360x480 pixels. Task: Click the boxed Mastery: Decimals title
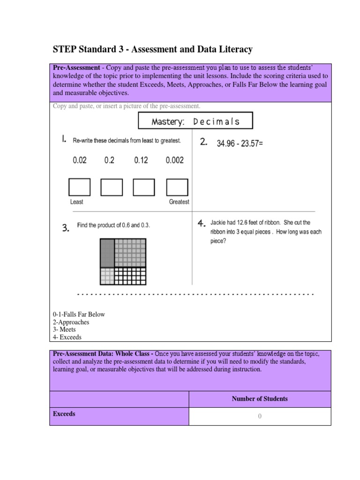tap(195, 121)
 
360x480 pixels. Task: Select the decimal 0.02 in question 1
tap(79, 160)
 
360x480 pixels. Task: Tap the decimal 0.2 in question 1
tap(109, 160)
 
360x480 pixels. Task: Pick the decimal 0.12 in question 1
tap(141, 160)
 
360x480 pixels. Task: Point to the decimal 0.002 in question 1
tap(175, 160)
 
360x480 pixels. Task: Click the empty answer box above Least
tap(79, 187)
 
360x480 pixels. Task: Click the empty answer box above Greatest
tap(178, 187)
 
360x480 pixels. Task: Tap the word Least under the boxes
tap(76, 202)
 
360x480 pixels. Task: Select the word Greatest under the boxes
tap(179, 202)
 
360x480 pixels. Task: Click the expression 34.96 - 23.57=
tap(240, 144)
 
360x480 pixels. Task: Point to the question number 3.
tap(66, 228)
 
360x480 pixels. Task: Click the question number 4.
tap(202, 224)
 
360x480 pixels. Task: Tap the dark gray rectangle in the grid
tap(107, 253)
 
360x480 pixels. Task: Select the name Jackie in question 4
tap(219, 223)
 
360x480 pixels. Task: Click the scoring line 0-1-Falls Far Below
tap(79, 314)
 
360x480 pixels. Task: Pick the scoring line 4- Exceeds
tap(67, 337)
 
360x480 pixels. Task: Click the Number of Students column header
tap(260, 399)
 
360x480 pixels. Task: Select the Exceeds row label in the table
tap(64, 414)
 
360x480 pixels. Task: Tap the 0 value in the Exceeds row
tap(260, 416)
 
